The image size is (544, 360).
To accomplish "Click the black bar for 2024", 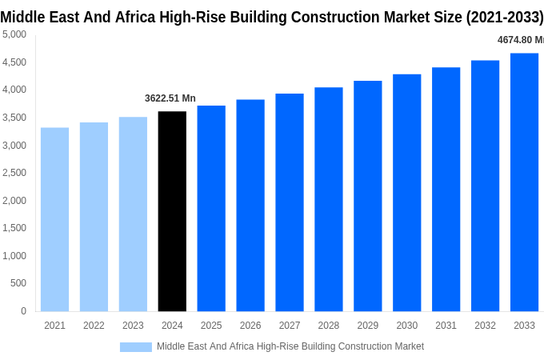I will coord(172,211).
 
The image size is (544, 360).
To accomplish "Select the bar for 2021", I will coord(54,219).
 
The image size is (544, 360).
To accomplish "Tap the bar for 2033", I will coord(524,182).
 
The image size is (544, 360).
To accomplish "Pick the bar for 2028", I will coord(329,199).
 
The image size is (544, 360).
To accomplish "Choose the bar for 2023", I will coord(133,214).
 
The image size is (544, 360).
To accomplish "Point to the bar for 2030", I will coord(406,193).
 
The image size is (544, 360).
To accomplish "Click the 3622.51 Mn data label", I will coord(170,98).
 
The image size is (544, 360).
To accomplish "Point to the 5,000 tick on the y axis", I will coord(14,34).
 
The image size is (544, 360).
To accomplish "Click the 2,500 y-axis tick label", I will coord(14,173).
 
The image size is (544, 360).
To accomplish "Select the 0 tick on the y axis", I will coord(23,311).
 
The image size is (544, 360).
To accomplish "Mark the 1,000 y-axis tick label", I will coord(14,256).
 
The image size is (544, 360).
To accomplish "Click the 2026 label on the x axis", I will coord(250,326).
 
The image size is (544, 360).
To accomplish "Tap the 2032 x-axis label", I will coord(485,326).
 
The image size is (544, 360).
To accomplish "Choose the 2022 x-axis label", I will coord(94,326).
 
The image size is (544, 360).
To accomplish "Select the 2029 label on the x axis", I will coord(368,326).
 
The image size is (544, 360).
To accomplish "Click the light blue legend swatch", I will coord(136,347).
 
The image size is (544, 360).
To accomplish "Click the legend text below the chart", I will coord(290,346).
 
